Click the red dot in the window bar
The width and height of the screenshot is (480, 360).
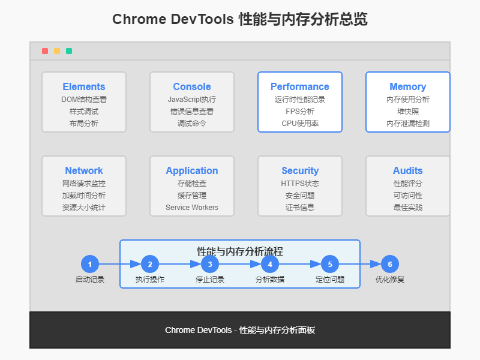(x=45, y=51)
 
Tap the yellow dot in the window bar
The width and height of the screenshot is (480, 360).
(x=57, y=51)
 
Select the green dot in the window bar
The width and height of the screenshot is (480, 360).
(x=69, y=51)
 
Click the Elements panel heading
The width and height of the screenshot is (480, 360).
(x=84, y=86)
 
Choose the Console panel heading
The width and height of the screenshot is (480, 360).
(x=192, y=86)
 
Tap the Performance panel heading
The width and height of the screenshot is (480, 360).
(x=300, y=86)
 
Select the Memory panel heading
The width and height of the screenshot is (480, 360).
(x=408, y=86)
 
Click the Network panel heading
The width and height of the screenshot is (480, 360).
(x=84, y=170)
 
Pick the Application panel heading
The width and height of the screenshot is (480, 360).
(x=192, y=170)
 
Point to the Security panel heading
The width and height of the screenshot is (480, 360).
(x=300, y=170)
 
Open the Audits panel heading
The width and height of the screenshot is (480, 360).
(x=408, y=170)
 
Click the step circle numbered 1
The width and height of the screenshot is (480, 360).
(x=90, y=264)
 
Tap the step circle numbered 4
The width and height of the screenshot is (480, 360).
(x=270, y=264)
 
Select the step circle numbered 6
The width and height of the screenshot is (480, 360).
(x=390, y=264)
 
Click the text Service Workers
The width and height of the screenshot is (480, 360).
(x=192, y=208)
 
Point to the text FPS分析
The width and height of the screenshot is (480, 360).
(x=300, y=112)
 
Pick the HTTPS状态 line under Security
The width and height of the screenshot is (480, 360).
(x=300, y=184)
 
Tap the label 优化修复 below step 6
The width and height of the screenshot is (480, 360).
(x=390, y=280)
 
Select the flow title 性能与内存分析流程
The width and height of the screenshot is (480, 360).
(x=240, y=251)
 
